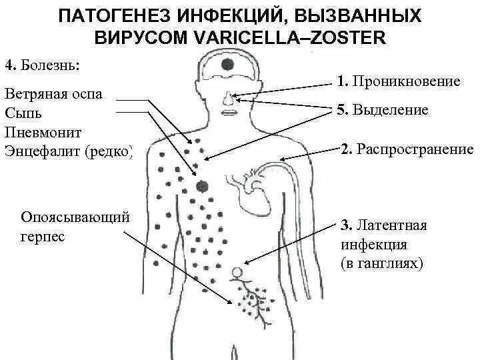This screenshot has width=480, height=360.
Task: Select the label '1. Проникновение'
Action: (399, 82)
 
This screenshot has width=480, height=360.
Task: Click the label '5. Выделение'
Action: (382, 110)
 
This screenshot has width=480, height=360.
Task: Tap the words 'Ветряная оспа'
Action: (53, 94)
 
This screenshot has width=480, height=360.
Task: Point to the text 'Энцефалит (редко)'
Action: (68, 152)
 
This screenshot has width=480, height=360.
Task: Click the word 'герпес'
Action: (43, 237)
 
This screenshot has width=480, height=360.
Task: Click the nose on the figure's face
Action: (228, 99)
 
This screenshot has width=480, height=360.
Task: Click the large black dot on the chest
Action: (203, 186)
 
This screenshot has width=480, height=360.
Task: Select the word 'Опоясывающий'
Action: (75, 217)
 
